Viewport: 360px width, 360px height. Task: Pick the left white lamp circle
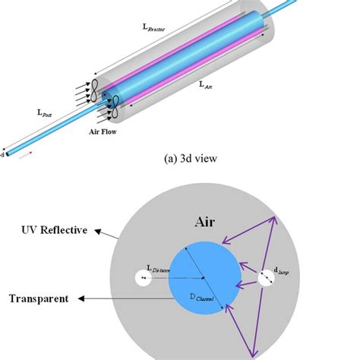pyautogui.click(x=142, y=279)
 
